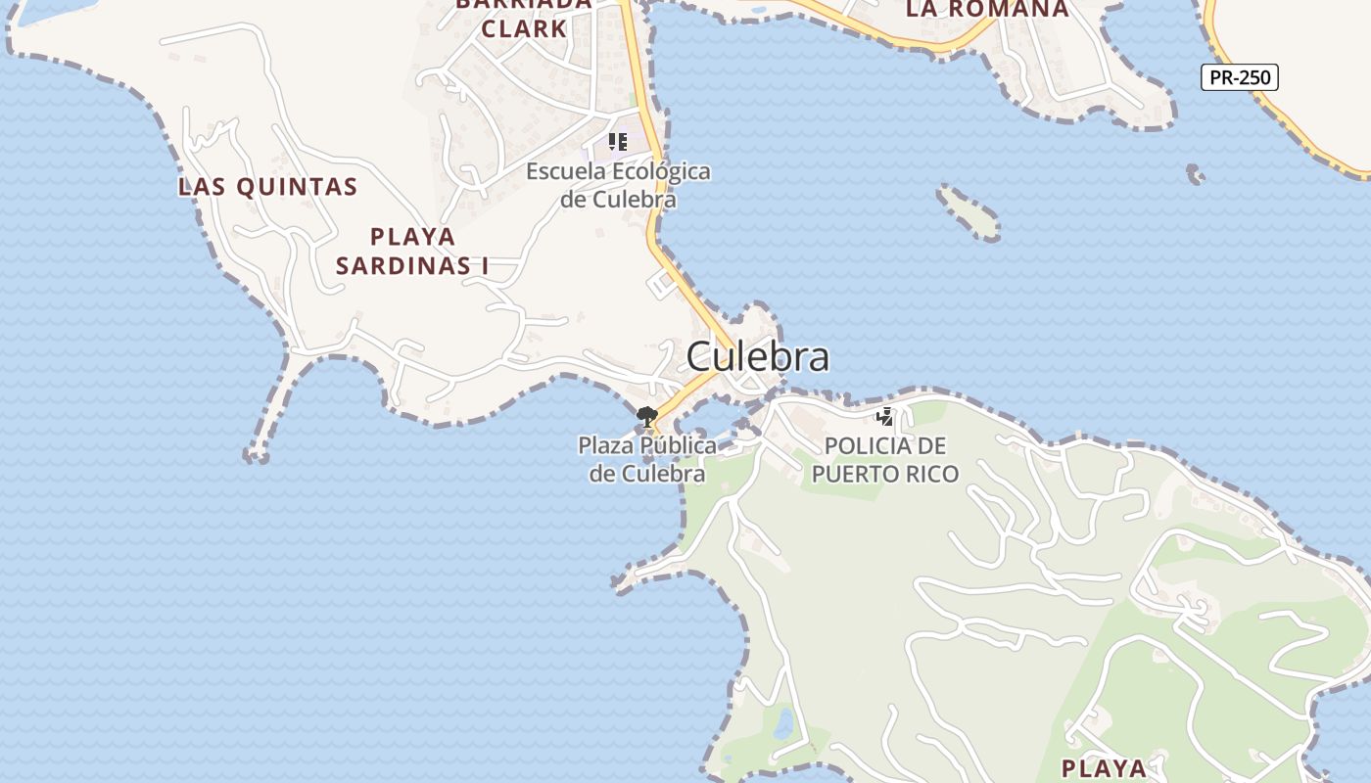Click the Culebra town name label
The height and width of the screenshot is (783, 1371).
[x=757, y=356]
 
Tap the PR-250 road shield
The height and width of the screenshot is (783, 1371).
[x=1239, y=77]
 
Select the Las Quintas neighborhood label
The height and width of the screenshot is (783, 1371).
[x=267, y=187]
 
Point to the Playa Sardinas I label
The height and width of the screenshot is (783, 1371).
[x=412, y=251]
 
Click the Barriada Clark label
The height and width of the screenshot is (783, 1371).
[x=524, y=17]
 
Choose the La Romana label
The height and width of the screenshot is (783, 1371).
[x=986, y=10]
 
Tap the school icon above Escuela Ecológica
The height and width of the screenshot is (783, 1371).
[x=617, y=142]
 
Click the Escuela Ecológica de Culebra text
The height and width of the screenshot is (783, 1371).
[x=618, y=185]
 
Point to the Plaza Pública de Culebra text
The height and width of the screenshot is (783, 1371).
[x=647, y=459]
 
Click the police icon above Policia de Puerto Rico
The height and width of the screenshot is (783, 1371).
[x=885, y=417]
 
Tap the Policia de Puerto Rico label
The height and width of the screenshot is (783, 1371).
[x=885, y=460]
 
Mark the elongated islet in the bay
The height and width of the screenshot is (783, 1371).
[x=969, y=212]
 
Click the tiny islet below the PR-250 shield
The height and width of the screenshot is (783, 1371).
[x=1195, y=175]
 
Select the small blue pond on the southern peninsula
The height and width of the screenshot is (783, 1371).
[x=784, y=724]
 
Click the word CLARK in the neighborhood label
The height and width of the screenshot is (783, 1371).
[x=524, y=28]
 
